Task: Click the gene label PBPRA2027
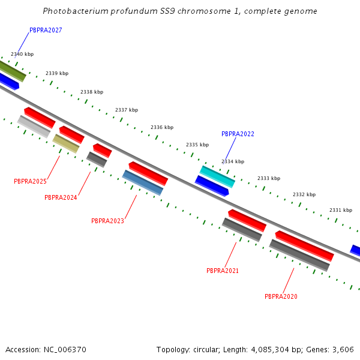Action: tap(46, 30)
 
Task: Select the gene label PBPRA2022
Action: tap(238, 134)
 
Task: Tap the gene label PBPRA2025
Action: tap(30, 181)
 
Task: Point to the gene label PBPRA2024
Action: tap(61, 197)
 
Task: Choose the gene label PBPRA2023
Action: tap(107, 221)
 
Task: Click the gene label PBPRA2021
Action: tap(223, 271)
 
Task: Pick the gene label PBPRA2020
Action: tap(281, 296)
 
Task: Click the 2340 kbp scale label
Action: tap(22, 54)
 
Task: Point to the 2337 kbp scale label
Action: tap(126, 110)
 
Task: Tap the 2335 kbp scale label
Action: tap(197, 145)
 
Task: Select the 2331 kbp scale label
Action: tap(340, 210)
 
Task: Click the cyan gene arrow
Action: tap(217, 177)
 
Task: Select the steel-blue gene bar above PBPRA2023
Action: tap(143, 182)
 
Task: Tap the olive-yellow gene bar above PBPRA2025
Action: tap(66, 143)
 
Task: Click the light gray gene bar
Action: tap(34, 127)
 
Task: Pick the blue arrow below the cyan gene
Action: tap(212, 186)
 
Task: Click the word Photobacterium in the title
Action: tap(73, 11)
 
